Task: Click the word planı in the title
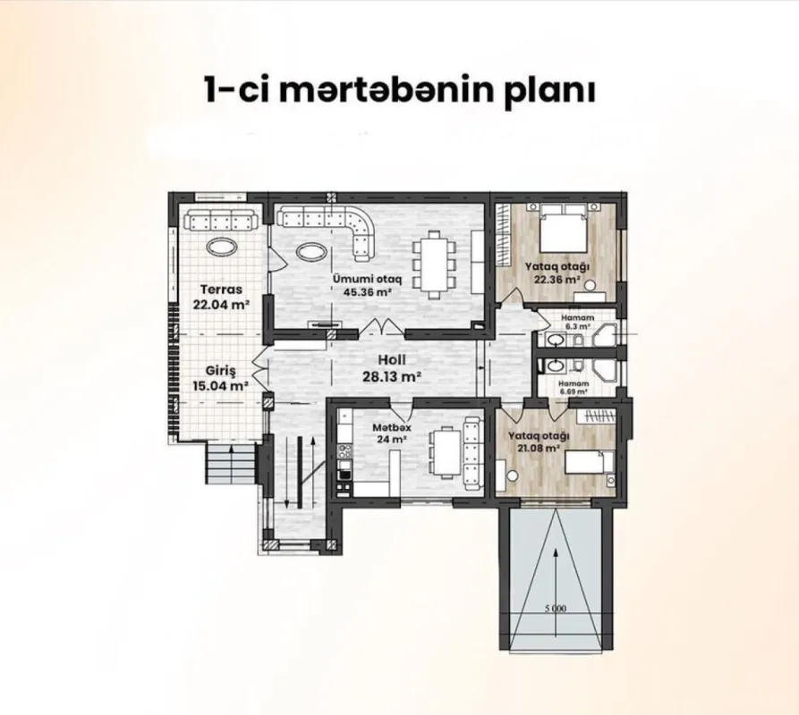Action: [x=547, y=92]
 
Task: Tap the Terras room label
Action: [x=221, y=290]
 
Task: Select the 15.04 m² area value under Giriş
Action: [x=221, y=387]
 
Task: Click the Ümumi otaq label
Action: [x=364, y=278]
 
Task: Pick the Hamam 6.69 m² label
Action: [x=574, y=386]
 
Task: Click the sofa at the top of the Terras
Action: [x=220, y=220]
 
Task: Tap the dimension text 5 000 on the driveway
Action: [x=555, y=609]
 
